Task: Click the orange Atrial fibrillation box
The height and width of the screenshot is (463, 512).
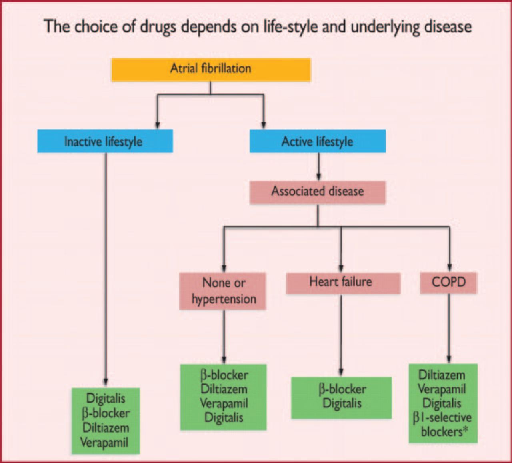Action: click(x=211, y=69)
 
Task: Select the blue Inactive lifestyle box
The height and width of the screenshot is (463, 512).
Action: click(x=105, y=141)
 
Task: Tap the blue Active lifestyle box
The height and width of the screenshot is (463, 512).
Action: click(x=318, y=141)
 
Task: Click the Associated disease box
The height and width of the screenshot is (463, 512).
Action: click(x=318, y=192)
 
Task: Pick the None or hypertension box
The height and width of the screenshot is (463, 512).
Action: click(x=223, y=291)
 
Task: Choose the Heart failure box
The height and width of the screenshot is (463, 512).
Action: click(x=343, y=283)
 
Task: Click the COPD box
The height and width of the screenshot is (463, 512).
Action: click(x=448, y=283)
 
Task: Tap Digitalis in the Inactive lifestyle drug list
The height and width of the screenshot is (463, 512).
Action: click(x=106, y=399)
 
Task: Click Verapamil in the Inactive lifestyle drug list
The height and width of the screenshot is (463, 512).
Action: click(x=104, y=443)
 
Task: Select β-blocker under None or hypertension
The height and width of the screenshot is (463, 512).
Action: click(x=224, y=375)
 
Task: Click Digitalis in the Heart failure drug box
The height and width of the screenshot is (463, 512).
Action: click(x=342, y=403)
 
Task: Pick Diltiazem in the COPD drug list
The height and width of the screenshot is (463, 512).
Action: click(x=442, y=375)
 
